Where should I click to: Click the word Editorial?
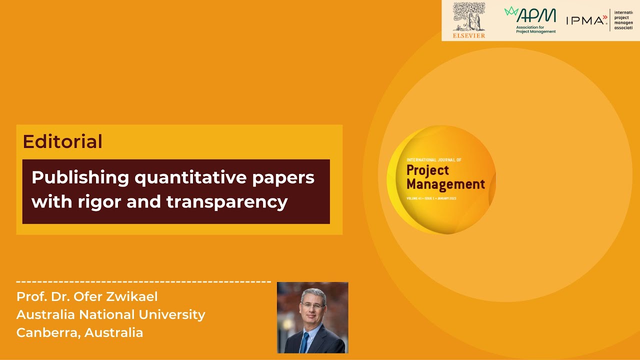pos(62,141)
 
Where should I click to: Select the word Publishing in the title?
pos(73,177)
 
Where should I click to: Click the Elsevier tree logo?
pos(468,16)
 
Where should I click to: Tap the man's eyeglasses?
pos(313,305)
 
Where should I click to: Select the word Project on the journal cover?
pos(427,170)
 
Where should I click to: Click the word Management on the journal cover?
pos(445,184)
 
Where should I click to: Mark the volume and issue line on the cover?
pos(431,198)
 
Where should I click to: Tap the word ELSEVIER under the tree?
pos(468,35)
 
